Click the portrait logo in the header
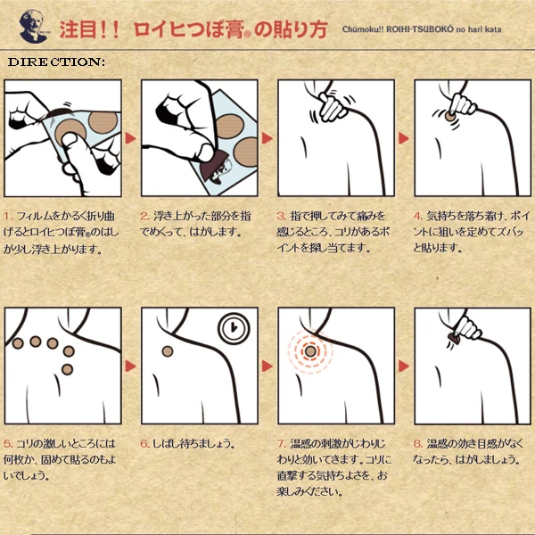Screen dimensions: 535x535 coord(33,26)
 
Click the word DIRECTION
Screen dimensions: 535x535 coord(56,62)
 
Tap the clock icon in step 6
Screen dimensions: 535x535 coord(234,328)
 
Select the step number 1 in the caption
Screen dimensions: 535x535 coord(8,216)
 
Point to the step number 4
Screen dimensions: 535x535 coord(418,216)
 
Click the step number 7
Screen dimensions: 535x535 coord(282,443)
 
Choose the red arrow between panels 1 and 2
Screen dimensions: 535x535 coord(131,138)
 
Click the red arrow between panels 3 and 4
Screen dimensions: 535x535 coord(404,138)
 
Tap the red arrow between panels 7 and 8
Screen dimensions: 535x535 coord(404,366)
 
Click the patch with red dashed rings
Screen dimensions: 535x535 coord(310,351)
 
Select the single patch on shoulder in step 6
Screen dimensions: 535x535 coord(168,351)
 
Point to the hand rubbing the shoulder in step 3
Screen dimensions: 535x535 coord(332,106)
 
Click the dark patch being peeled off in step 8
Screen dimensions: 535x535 coord(454,339)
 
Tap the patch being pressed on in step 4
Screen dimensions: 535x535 coord(449,116)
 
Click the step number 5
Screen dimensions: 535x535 coord(8,443)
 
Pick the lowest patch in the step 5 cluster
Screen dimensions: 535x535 coord(67,369)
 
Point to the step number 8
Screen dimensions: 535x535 coord(418,443)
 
